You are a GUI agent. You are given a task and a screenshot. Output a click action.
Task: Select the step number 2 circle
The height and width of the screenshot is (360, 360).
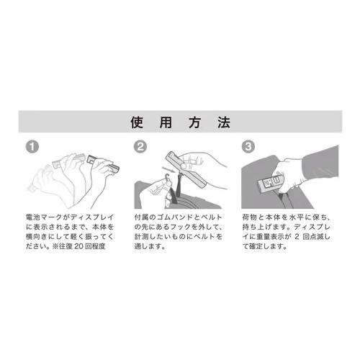tap(141, 145)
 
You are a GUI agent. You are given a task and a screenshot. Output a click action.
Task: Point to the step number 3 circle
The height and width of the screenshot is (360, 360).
tap(248, 146)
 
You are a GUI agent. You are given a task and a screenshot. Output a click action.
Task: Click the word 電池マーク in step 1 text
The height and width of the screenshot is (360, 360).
tap(43, 215)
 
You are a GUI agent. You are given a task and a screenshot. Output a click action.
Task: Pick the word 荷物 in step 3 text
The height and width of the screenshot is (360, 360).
tap(250, 215)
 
